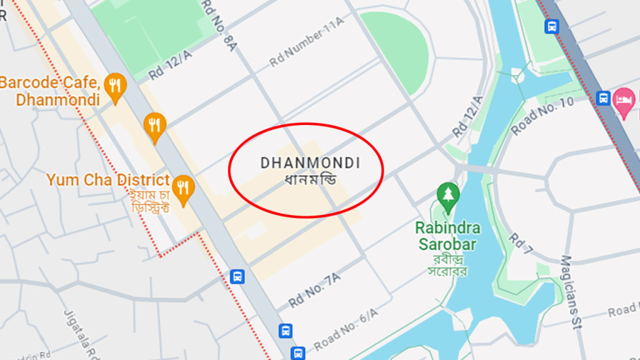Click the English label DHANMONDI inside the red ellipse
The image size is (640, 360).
click(x=310, y=162)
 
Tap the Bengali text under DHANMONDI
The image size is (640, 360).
click(x=310, y=180)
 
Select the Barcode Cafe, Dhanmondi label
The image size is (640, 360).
click(x=50, y=91)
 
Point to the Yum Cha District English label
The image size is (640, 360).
click(x=108, y=180)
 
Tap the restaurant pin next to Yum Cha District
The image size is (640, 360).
click(x=182, y=189)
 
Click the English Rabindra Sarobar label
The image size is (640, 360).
click(x=446, y=236)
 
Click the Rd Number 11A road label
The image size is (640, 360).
click(x=306, y=42)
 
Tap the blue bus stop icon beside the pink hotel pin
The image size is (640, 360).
click(x=603, y=98)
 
